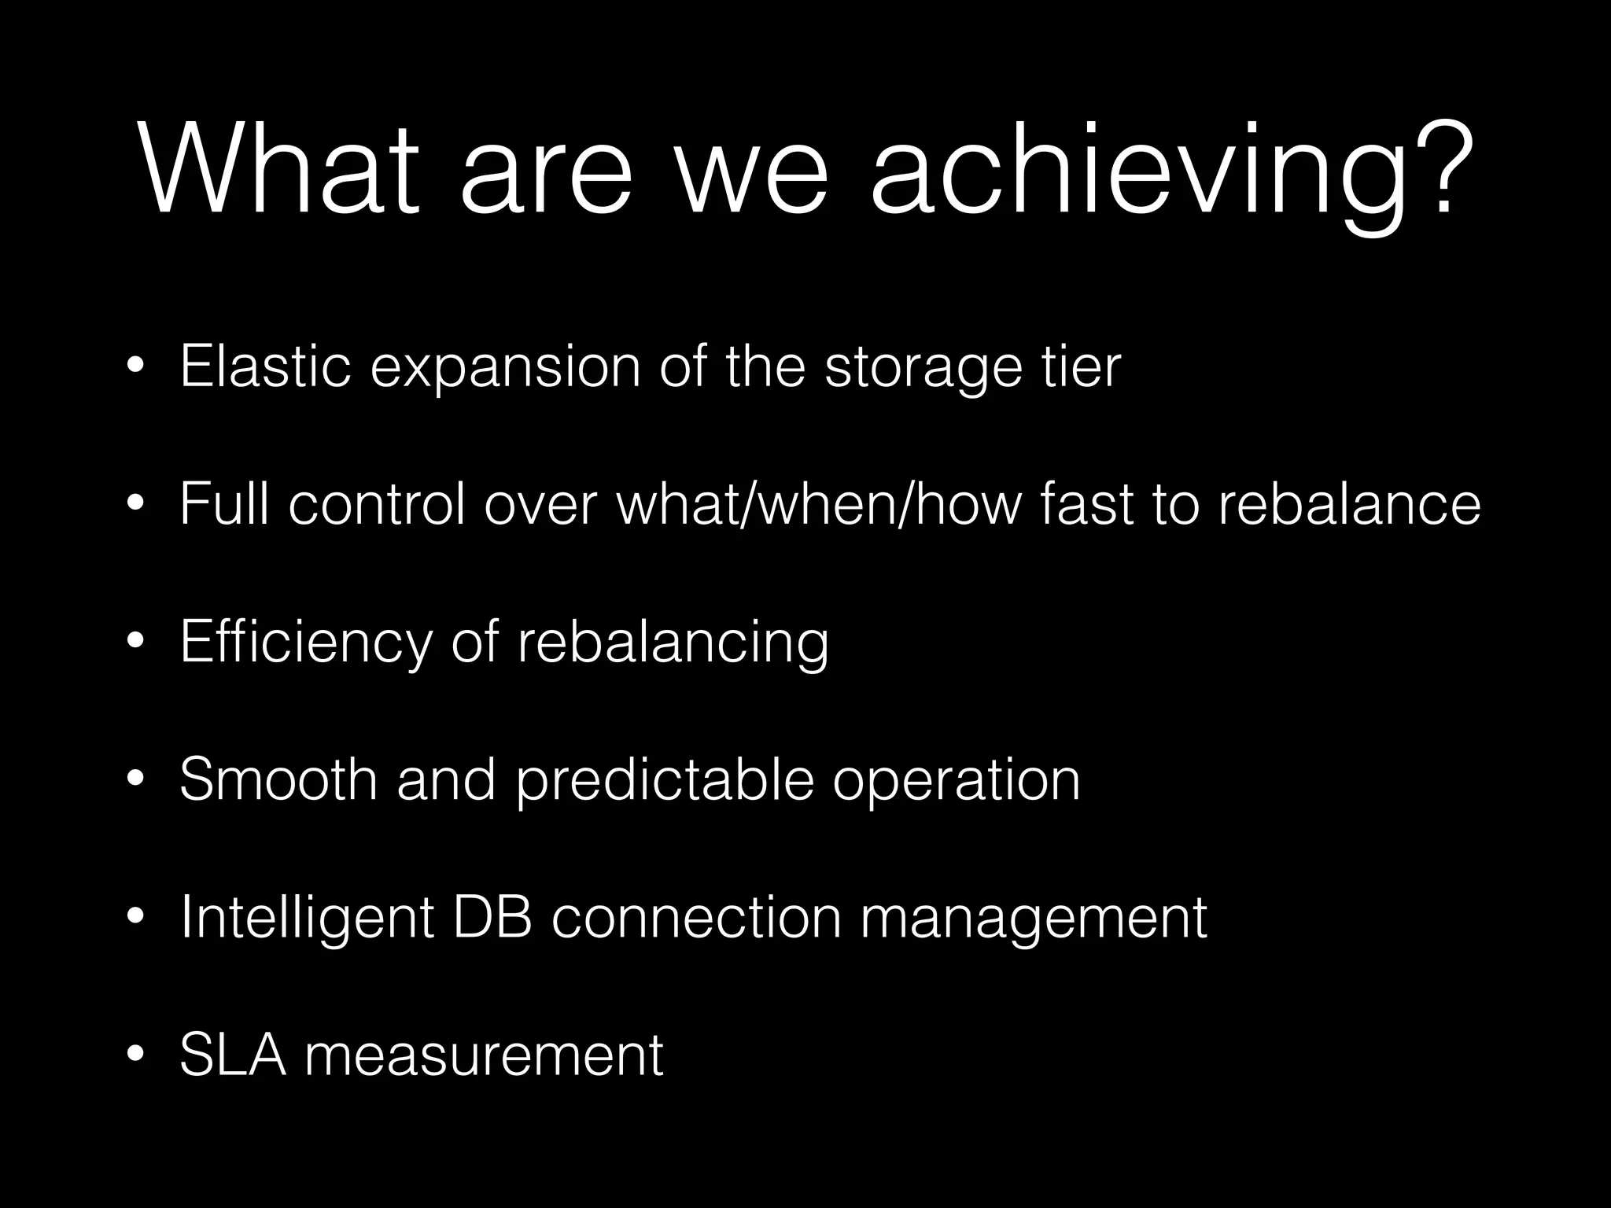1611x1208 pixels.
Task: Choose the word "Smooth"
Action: point(278,779)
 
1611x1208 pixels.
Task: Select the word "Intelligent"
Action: point(307,918)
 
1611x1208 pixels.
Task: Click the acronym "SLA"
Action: point(233,1054)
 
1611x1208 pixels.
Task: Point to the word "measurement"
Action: point(484,1055)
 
